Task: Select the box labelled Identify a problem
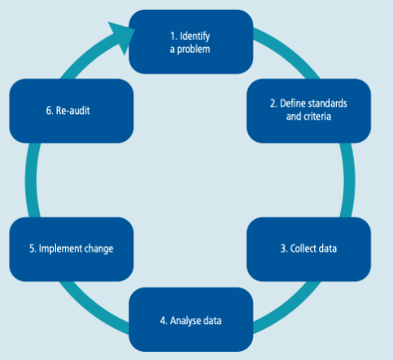191,42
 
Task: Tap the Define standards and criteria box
308,111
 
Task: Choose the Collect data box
308,249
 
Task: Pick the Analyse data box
191,319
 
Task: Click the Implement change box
72,249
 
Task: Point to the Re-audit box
72,111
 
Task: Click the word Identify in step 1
194,37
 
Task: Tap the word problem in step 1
194,50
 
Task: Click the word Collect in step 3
300,248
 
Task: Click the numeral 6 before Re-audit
49,111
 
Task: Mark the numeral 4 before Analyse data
163,321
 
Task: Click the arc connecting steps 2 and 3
349,180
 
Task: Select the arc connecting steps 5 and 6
31,180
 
